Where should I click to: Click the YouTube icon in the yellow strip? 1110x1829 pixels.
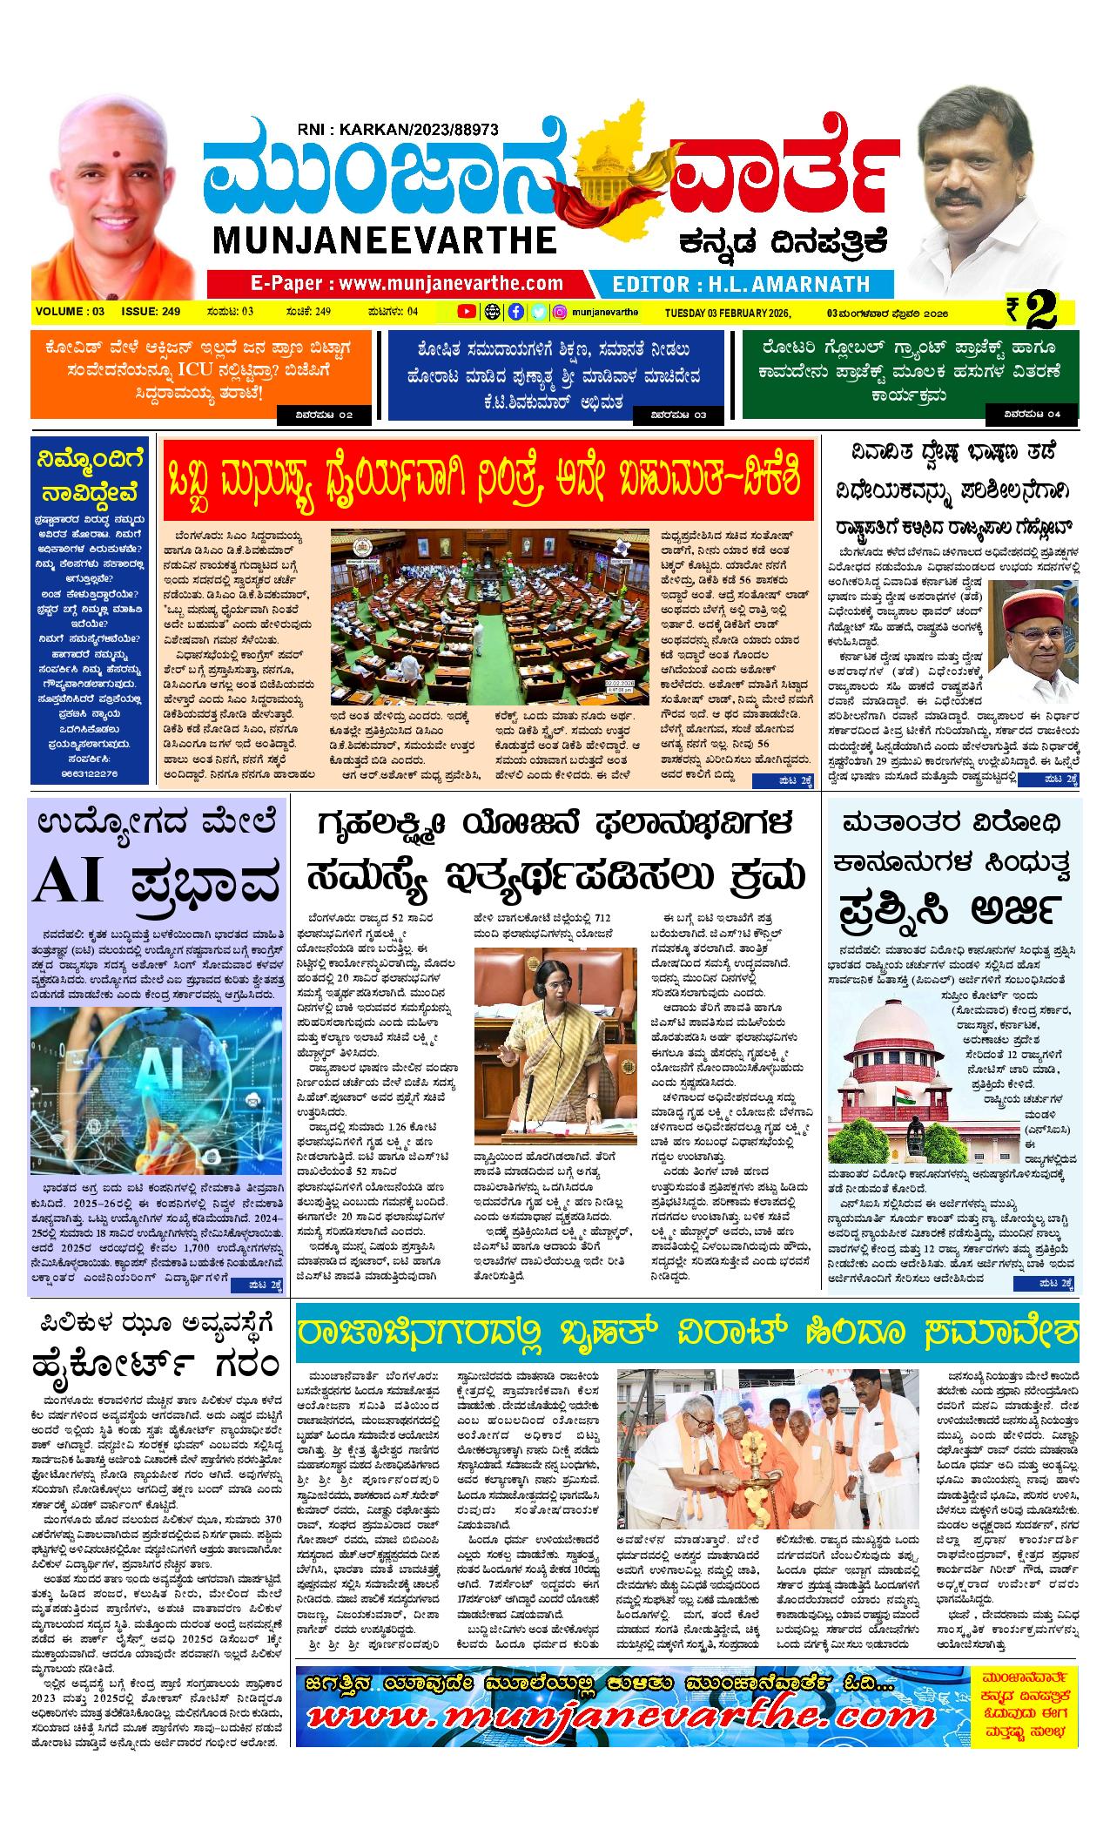[x=468, y=311]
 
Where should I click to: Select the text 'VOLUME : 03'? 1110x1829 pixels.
[x=71, y=311]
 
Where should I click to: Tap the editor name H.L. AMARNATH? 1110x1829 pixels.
[x=741, y=284]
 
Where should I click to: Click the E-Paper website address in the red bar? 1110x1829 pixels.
[x=406, y=283]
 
